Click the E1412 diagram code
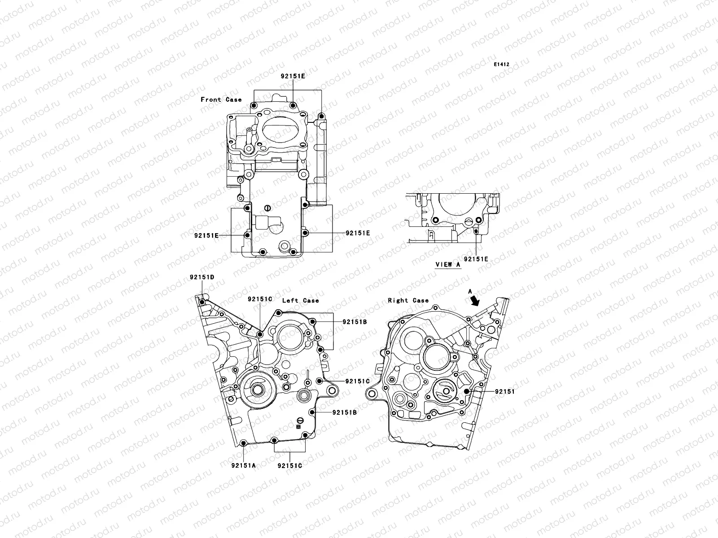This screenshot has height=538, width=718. pyautogui.click(x=502, y=65)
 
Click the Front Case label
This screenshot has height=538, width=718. pyautogui.click(x=221, y=100)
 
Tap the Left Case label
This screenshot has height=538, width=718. pyautogui.click(x=300, y=300)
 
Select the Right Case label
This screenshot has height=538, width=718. pyautogui.click(x=408, y=300)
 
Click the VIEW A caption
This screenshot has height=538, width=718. pyautogui.click(x=448, y=265)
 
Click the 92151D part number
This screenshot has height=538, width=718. pyautogui.click(x=201, y=277)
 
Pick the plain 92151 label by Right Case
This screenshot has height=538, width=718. pyautogui.click(x=505, y=391)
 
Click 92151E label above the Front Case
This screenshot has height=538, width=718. pyautogui.click(x=293, y=76)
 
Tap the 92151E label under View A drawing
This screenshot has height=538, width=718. pyautogui.click(x=476, y=259)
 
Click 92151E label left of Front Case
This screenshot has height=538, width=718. pyautogui.click(x=206, y=235)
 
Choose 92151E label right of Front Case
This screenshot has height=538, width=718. pyautogui.click(x=358, y=233)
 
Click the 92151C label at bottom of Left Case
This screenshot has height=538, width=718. pyautogui.click(x=289, y=465)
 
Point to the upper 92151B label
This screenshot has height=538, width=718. pyautogui.click(x=355, y=322)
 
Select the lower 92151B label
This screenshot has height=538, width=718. pyautogui.click(x=345, y=412)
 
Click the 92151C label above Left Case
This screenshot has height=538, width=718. pyautogui.click(x=260, y=299)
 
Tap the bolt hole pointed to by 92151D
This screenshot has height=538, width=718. pyautogui.click(x=202, y=303)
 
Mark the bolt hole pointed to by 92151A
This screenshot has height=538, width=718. pyautogui.click(x=244, y=444)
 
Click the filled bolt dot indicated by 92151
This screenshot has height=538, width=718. pyautogui.click(x=467, y=391)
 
